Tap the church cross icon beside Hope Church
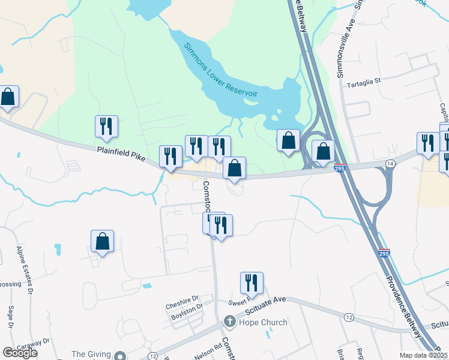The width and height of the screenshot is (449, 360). pos(229,322)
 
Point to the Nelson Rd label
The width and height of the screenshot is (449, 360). pos(208,352)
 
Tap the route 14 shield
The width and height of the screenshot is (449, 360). pos(390,163)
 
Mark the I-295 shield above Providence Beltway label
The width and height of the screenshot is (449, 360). pos(384,253)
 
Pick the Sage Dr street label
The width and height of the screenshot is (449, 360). pos(10,318)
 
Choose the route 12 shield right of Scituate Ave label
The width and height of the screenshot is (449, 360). pos(348,316)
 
